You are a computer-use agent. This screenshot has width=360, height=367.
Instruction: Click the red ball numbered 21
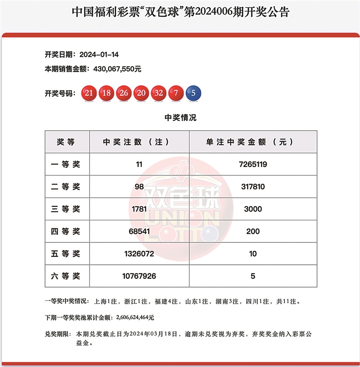click(x=89, y=93)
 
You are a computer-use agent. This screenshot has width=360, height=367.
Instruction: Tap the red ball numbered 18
click(x=106, y=93)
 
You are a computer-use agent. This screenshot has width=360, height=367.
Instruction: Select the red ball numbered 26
click(x=124, y=93)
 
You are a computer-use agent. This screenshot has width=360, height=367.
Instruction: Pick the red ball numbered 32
click(x=158, y=93)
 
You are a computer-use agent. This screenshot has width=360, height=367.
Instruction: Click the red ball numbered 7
click(x=176, y=93)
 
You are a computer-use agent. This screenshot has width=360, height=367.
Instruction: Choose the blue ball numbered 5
click(x=193, y=93)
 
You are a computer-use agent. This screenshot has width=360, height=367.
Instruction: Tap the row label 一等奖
click(x=67, y=165)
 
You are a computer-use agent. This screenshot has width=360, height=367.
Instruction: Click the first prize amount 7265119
click(x=253, y=165)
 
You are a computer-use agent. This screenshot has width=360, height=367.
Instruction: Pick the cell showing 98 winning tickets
click(x=139, y=187)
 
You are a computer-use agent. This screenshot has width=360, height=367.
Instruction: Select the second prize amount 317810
click(x=253, y=187)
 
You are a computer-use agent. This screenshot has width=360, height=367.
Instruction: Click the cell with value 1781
click(x=139, y=209)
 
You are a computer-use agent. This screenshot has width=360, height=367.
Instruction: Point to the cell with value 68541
click(x=139, y=232)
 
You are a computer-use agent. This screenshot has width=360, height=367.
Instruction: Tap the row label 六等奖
click(x=67, y=276)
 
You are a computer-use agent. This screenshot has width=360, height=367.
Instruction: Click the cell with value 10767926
click(x=139, y=276)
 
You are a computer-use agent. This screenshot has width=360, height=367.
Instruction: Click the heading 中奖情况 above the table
click(x=180, y=118)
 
